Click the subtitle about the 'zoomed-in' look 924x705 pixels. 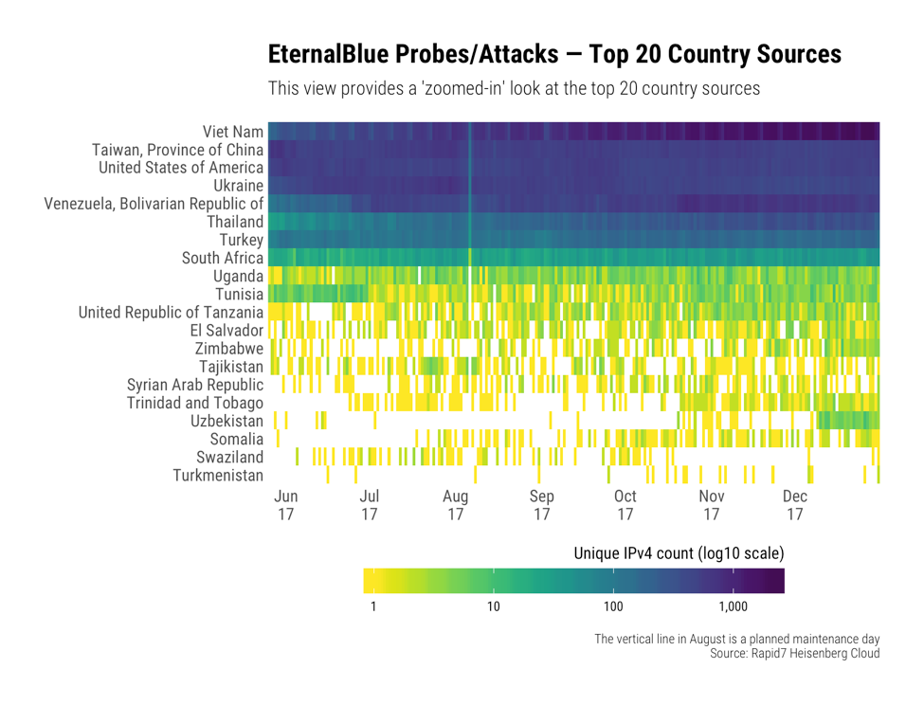pos(515,90)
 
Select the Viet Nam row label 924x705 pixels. pos(232,132)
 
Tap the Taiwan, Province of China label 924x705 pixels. pos(177,150)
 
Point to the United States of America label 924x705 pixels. pos(181,168)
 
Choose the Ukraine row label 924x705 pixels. pos(238,186)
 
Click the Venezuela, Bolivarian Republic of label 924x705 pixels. pos(154,204)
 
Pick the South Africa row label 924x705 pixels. pos(223,258)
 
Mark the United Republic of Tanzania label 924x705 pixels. pos(171,313)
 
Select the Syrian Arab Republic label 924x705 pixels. pos(194,385)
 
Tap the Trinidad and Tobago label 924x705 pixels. pos(195,403)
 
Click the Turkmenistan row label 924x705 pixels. pos(218,476)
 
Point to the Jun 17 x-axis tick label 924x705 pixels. pos(285,506)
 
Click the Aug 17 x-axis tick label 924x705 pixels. pos(456,506)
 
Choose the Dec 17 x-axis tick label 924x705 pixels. pos(795,506)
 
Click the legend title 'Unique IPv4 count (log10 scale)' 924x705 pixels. pos(679,552)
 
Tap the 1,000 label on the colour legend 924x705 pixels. pos(734,606)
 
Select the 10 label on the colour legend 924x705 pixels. pos(493,606)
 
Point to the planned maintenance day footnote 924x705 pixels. pos(737,639)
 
